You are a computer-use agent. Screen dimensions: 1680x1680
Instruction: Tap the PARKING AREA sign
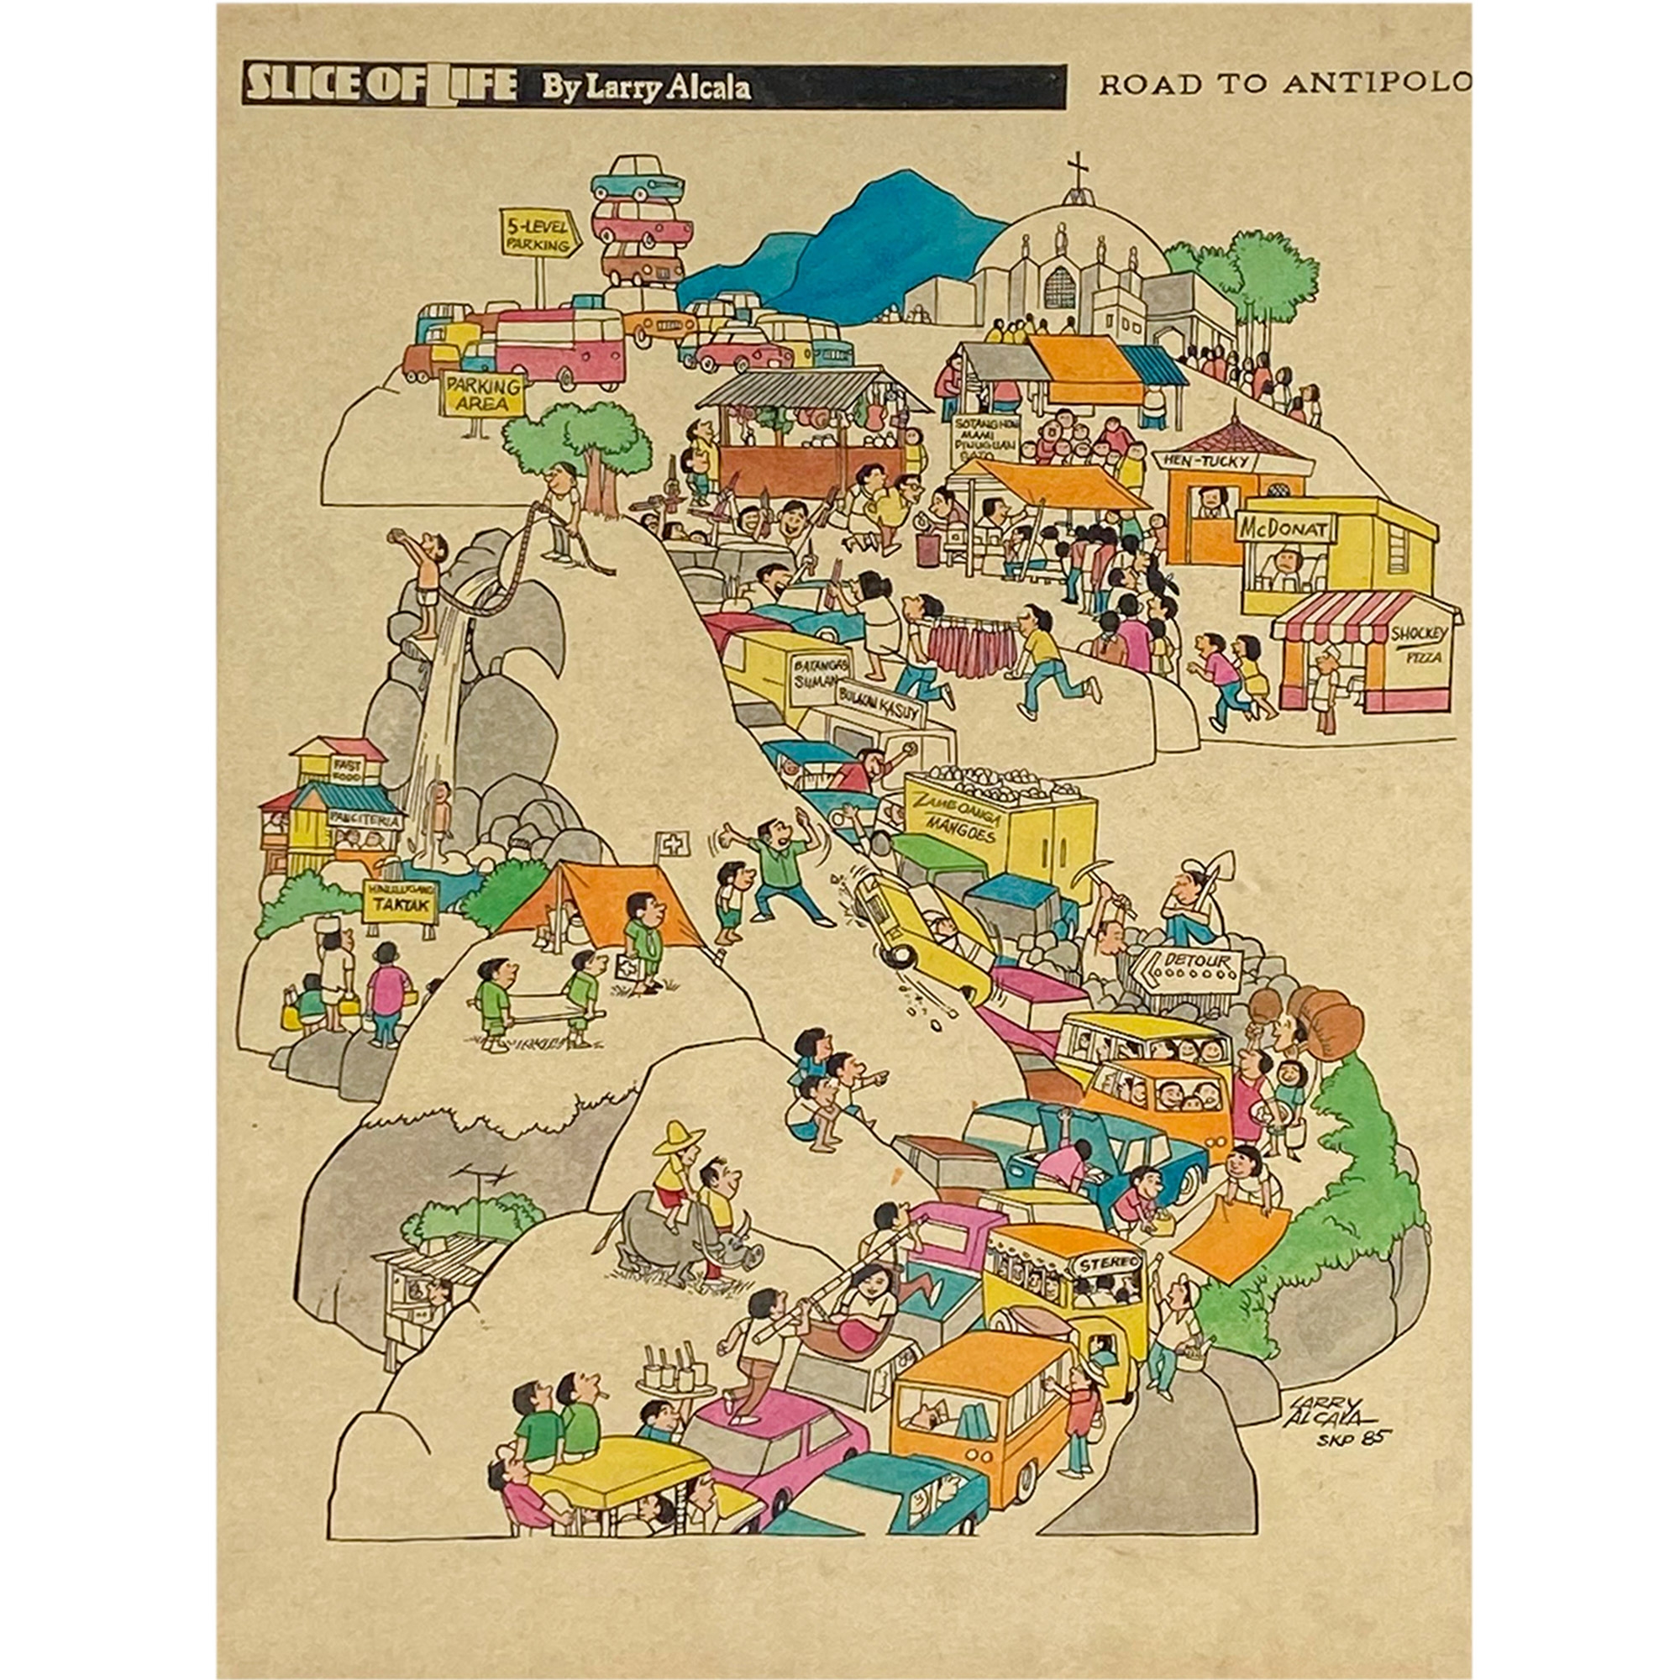point(484,395)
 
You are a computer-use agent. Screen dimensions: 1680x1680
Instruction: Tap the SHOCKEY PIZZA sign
point(1416,644)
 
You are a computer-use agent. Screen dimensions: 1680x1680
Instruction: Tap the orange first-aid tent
point(600,905)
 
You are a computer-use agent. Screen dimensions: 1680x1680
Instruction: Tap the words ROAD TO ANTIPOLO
point(1284,84)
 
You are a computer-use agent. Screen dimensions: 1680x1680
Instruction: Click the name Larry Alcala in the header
point(646,87)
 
